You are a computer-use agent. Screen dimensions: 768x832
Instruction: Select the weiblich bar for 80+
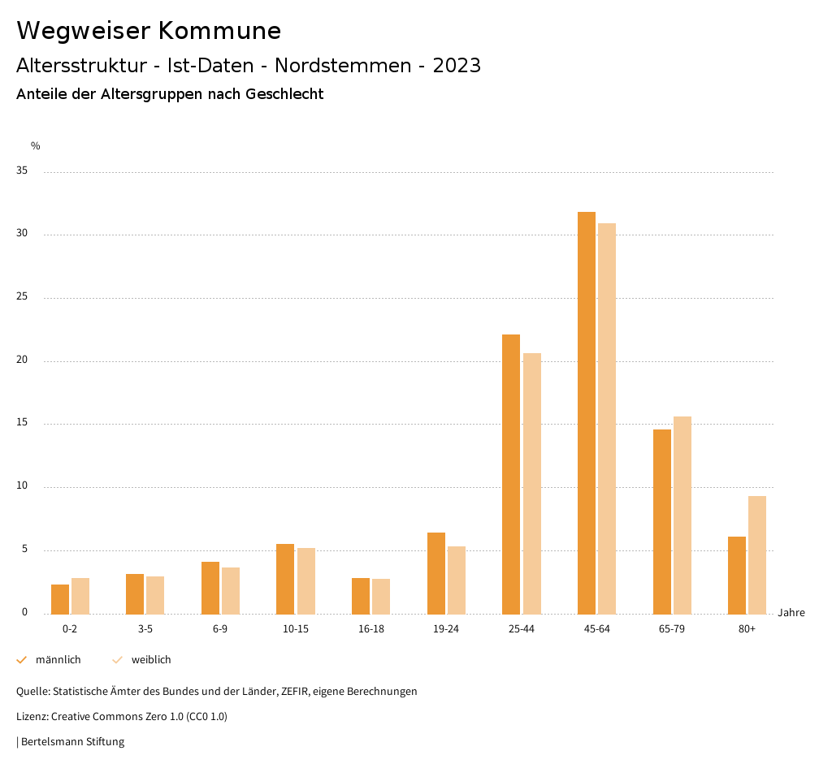click(757, 554)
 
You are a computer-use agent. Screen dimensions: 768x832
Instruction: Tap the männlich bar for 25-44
click(511, 474)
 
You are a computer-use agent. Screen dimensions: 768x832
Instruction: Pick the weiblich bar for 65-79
click(682, 515)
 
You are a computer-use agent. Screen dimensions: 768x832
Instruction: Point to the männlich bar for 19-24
click(436, 573)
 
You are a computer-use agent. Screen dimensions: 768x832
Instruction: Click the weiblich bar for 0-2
click(80, 596)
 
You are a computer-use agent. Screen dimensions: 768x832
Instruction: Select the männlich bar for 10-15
click(285, 579)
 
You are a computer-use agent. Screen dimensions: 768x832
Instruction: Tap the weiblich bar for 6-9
click(231, 590)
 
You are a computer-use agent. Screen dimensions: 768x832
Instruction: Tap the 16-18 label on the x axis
click(370, 629)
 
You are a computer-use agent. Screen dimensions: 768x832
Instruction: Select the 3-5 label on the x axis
click(145, 629)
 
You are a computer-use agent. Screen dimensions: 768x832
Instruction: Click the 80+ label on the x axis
click(747, 629)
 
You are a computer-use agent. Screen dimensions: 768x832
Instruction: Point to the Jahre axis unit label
click(791, 613)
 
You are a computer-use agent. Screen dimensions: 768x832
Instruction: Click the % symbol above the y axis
click(36, 146)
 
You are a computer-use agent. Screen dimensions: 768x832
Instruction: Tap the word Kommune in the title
click(219, 31)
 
